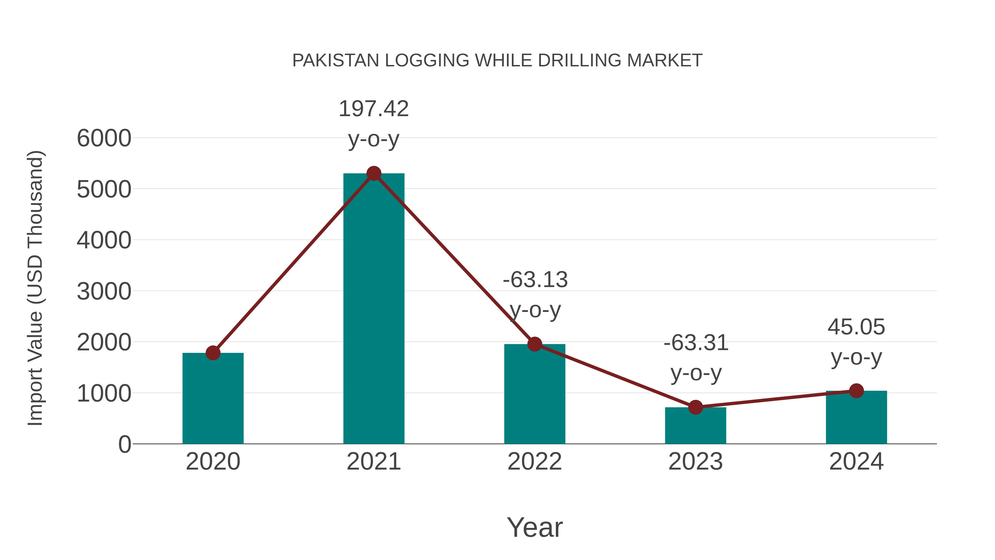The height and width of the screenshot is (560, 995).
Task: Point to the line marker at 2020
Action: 213,353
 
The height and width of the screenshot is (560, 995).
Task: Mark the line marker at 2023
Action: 695,407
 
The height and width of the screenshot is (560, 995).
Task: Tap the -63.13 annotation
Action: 535,280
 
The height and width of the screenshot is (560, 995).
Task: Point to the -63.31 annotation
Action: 696,343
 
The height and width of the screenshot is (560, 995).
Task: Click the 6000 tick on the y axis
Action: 104,138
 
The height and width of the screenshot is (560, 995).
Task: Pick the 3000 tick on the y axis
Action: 104,291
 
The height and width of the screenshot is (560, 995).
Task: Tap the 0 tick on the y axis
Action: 124,444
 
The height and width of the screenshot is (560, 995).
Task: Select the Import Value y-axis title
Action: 35,288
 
